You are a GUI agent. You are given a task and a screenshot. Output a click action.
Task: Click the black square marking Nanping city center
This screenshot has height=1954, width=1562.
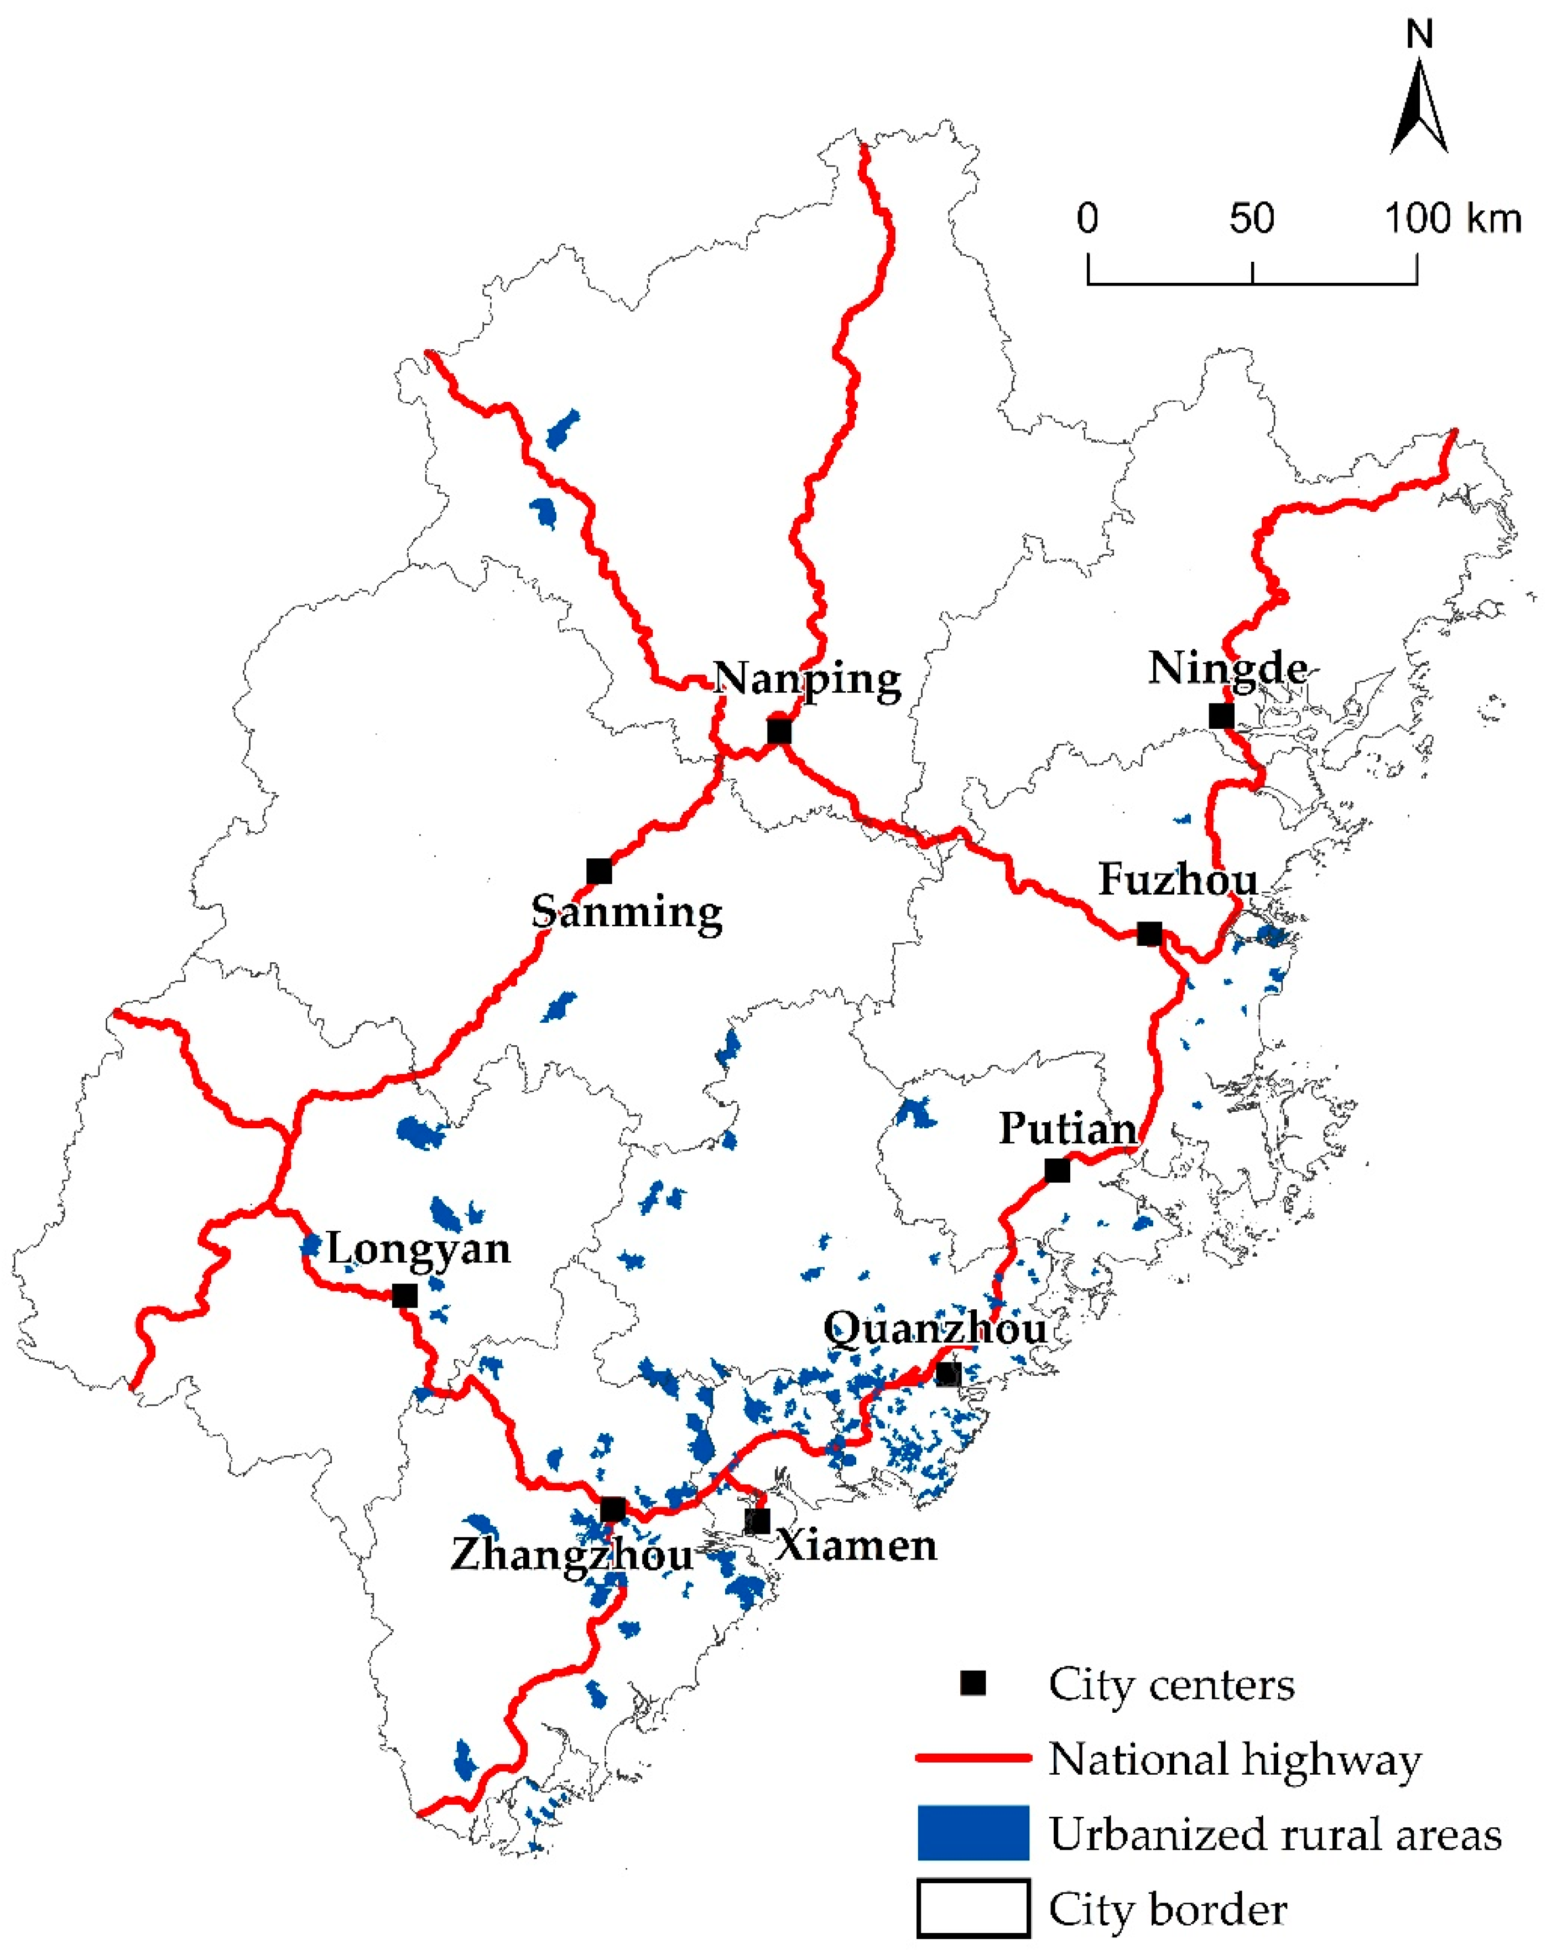(778, 732)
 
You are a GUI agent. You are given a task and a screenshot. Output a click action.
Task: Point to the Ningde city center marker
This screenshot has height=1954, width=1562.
(1221, 715)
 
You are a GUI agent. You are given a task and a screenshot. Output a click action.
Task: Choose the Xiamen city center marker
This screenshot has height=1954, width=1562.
(757, 1521)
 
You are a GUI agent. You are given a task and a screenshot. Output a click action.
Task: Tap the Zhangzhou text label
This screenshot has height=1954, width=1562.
(572, 1555)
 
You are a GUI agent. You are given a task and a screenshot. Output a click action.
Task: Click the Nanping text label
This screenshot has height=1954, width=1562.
(808, 678)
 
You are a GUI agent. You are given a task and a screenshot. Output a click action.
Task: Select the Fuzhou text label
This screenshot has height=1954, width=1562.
(1178, 879)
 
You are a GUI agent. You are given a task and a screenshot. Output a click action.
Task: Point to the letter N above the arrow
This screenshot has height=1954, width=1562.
(1420, 34)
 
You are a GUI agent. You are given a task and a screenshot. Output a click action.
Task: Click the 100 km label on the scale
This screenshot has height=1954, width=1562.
(1452, 219)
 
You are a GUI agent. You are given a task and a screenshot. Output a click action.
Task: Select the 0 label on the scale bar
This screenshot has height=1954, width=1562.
(1087, 219)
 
